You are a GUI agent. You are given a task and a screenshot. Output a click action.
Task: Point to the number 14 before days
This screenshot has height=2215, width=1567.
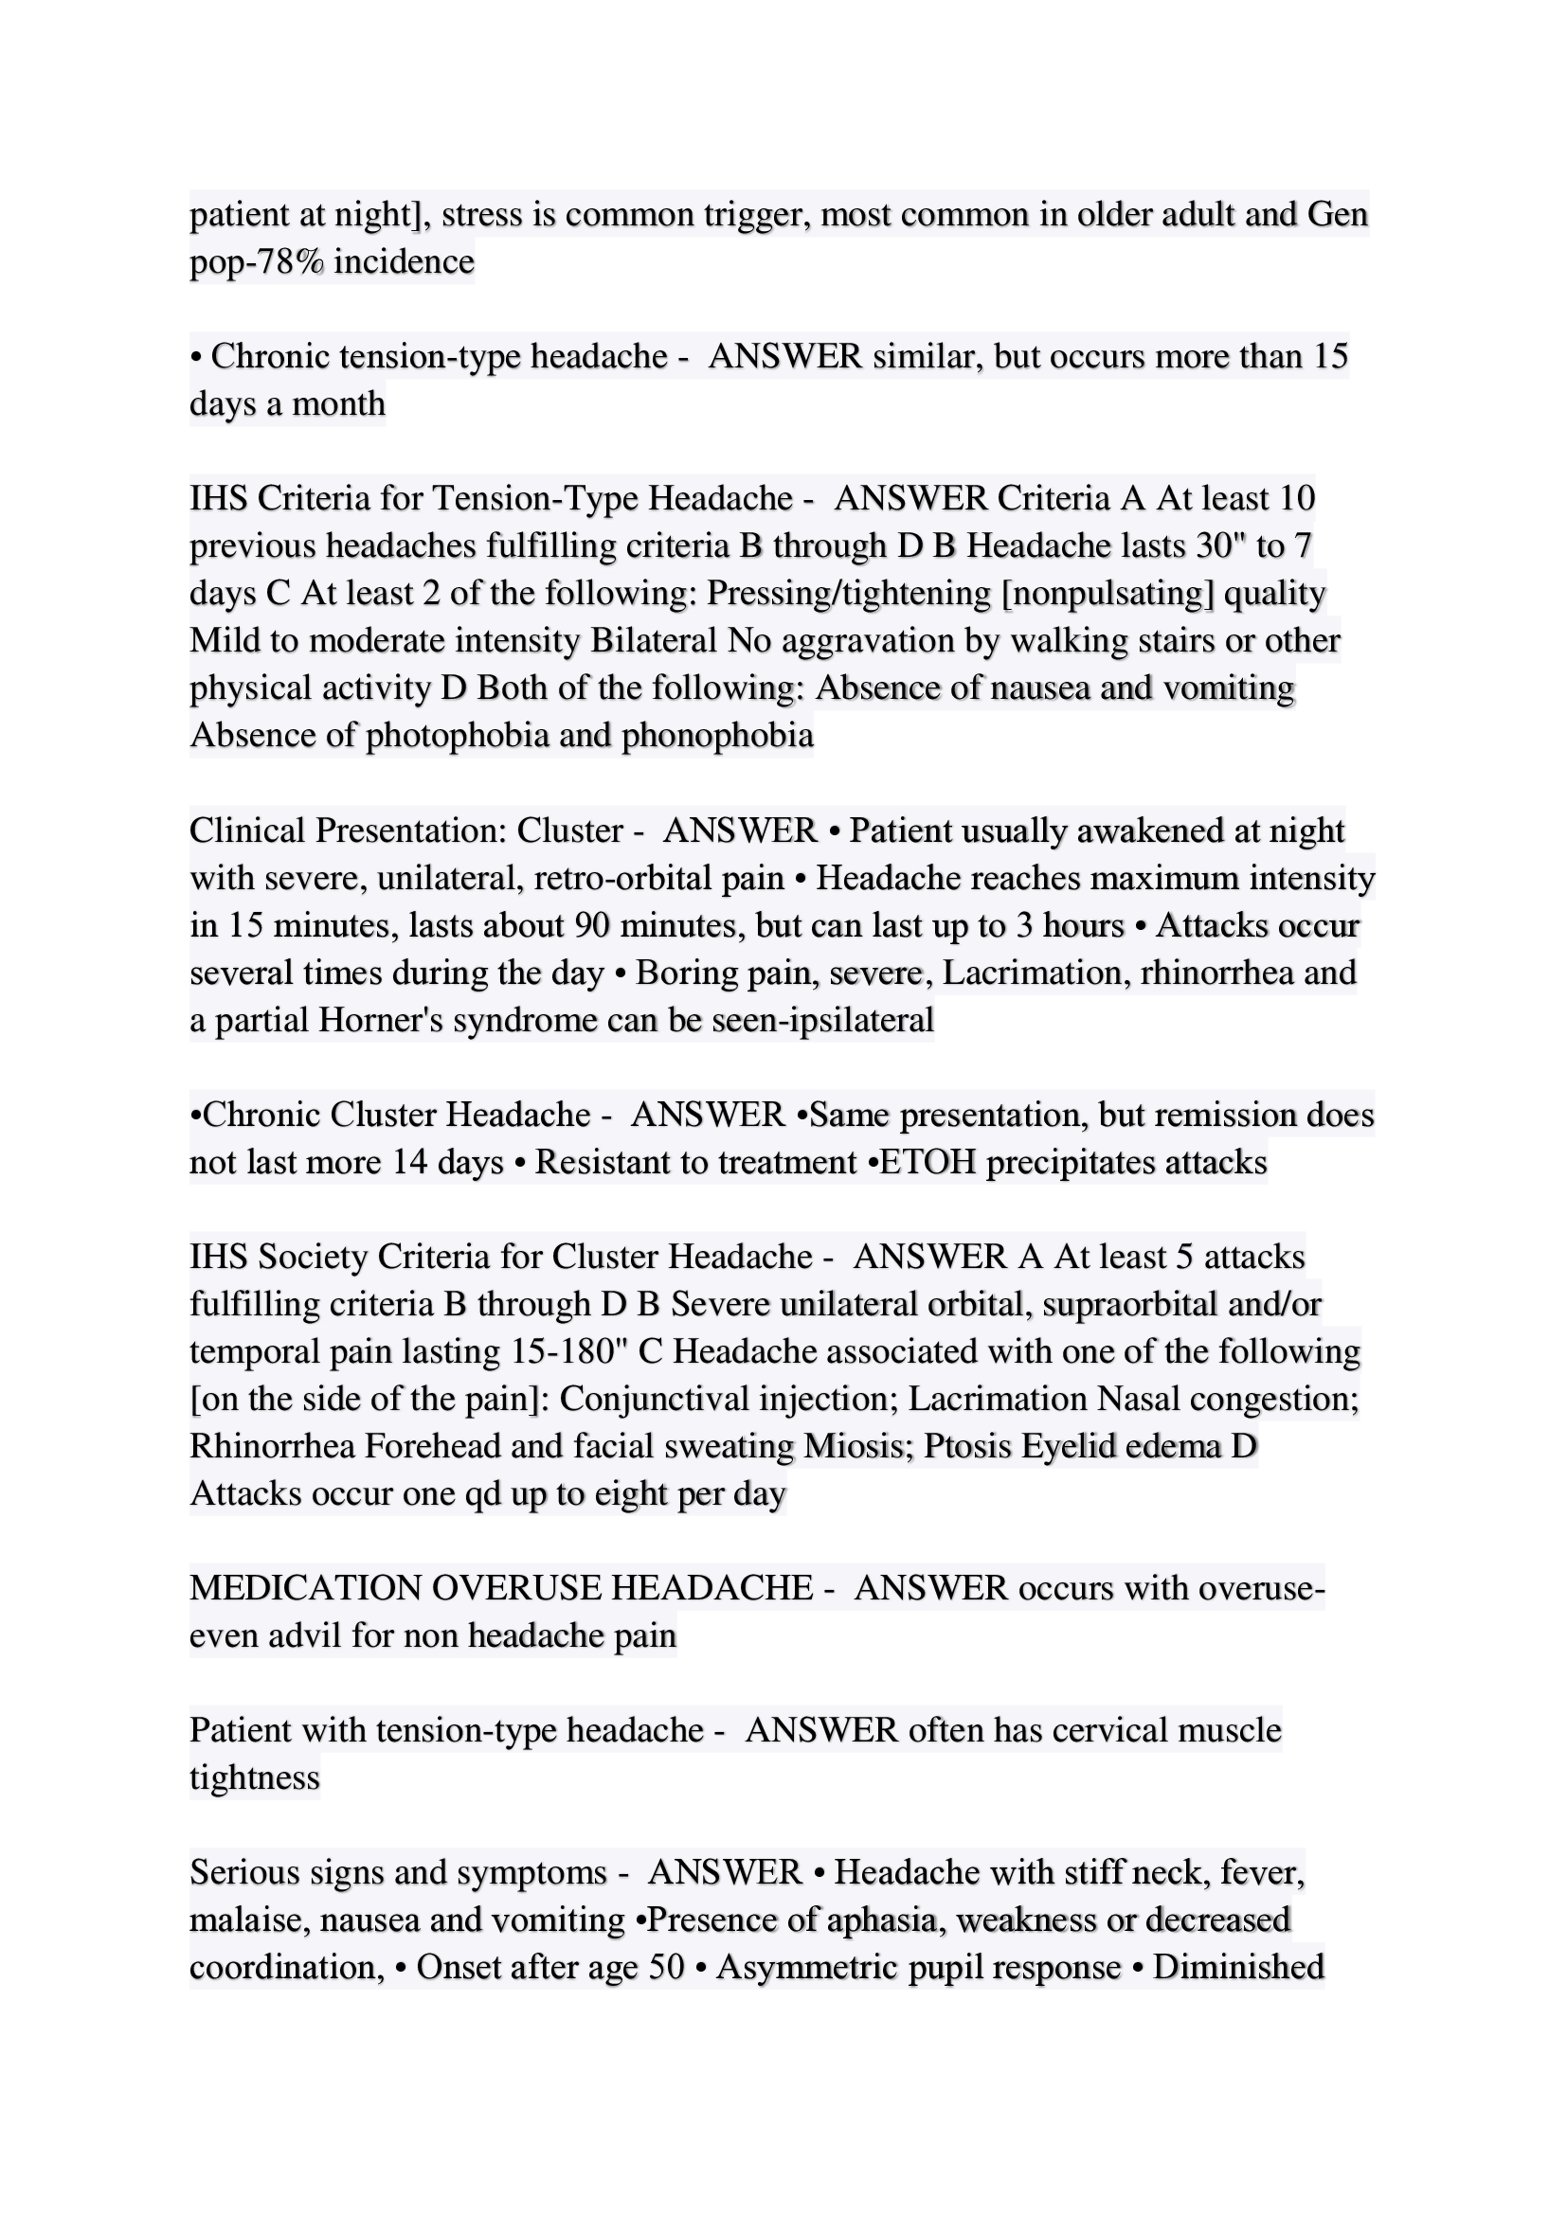coord(410,1163)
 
